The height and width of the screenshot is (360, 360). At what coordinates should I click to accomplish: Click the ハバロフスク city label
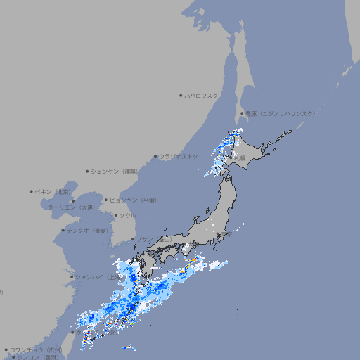pyautogui.click(x=202, y=95)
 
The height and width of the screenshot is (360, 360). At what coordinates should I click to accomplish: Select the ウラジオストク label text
pyautogui.click(x=179, y=156)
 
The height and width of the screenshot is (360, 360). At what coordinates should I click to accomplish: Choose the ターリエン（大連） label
pyautogui.click(x=71, y=207)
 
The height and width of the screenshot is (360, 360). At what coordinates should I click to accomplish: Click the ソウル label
pyautogui.click(x=127, y=215)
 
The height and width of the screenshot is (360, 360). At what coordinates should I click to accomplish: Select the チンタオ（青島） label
pyautogui.click(x=87, y=231)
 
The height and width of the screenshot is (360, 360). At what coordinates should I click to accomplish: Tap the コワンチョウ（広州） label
pyautogui.click(x=36, y=349)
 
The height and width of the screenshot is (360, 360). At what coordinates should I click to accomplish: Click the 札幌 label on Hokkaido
pyautogui.click(x=240, y=158)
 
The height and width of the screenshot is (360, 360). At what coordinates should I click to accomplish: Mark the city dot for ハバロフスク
pyautogui.click(x=181, y=95)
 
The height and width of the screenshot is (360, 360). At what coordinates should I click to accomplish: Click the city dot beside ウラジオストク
pyautogui.click(x=155, y=156)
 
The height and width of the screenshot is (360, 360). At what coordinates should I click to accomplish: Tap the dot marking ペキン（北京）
pyautogui.click(x=32, y=191)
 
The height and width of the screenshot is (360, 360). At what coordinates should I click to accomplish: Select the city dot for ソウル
pyautogui.click(x=115, y=215)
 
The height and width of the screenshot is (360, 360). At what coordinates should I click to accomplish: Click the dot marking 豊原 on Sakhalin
pyautogui.click(x=242, y=113)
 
